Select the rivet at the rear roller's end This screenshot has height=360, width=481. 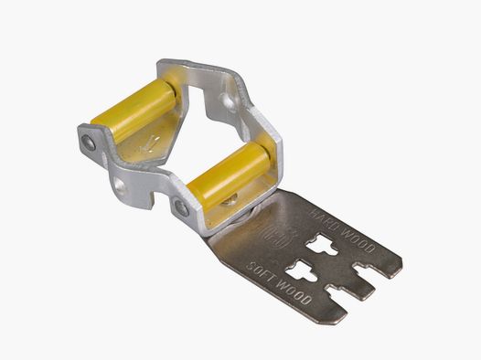click(x=88, y=142)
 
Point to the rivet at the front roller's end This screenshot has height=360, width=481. click(x=182, y=207)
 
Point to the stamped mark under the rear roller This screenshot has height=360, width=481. click(x=151, y=143)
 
